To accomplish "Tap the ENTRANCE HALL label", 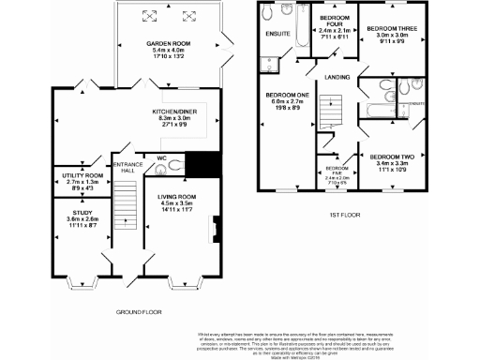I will [x=125, y=167].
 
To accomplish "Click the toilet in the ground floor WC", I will [x=178, y=162].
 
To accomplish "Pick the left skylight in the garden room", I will [x=146, y=16].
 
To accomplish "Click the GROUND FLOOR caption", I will [x=139, y=309].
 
